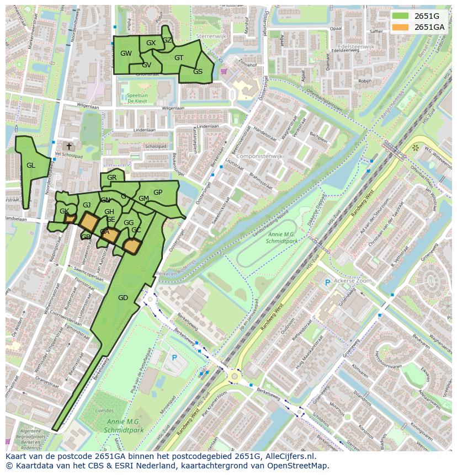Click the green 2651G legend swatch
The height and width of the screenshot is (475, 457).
[x=401, y=16]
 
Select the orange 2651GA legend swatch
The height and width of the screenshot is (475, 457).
[x=401, y=27]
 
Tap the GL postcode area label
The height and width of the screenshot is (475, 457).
[x=30, y=166]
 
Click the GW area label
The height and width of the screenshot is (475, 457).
[x=126, y=54]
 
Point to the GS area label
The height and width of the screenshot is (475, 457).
[x=198, y=72]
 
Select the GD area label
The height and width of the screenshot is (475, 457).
[x=123, y=298]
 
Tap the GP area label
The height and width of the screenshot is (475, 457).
[x=158, y=193]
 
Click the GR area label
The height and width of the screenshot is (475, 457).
[x=111, y=178]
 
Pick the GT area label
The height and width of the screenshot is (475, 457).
[x=179, y=57]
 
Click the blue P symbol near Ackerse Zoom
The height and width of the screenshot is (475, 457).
[x=327, y=282]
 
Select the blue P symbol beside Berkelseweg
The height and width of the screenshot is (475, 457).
[x=174, y=358]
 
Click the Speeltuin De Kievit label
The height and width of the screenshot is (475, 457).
[x=137, y=99]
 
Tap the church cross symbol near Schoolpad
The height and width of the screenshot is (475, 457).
[x=68, y=146]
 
